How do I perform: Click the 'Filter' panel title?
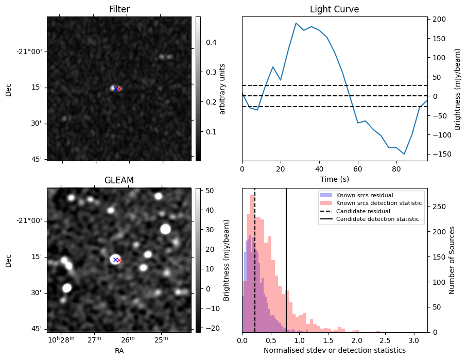point(119,9)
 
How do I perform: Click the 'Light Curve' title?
point(334,9)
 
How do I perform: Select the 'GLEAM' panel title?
point(119,180)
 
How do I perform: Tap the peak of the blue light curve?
point(296,23)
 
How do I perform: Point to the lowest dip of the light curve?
point(404,154)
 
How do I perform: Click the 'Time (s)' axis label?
point(334,179)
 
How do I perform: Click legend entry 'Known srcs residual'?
point(365,196)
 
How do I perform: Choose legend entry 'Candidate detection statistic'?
point(377,219)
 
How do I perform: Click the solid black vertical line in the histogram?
point(286,258)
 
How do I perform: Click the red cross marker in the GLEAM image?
point(119,260)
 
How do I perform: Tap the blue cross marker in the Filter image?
point(115,89)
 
